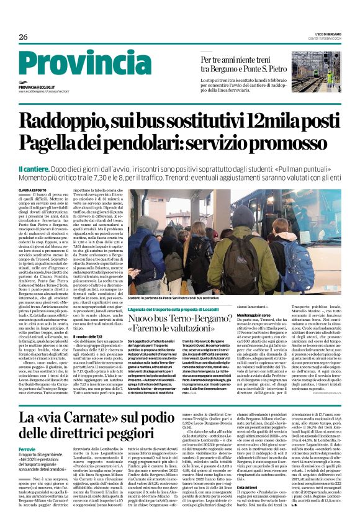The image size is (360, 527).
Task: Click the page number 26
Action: tap(24, 37)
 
